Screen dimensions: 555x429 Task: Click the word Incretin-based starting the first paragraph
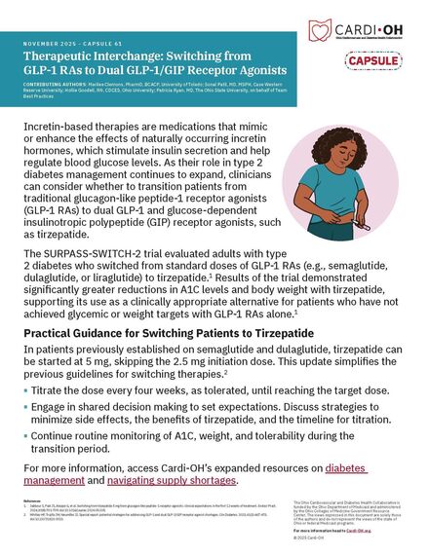tap(58, 129)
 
